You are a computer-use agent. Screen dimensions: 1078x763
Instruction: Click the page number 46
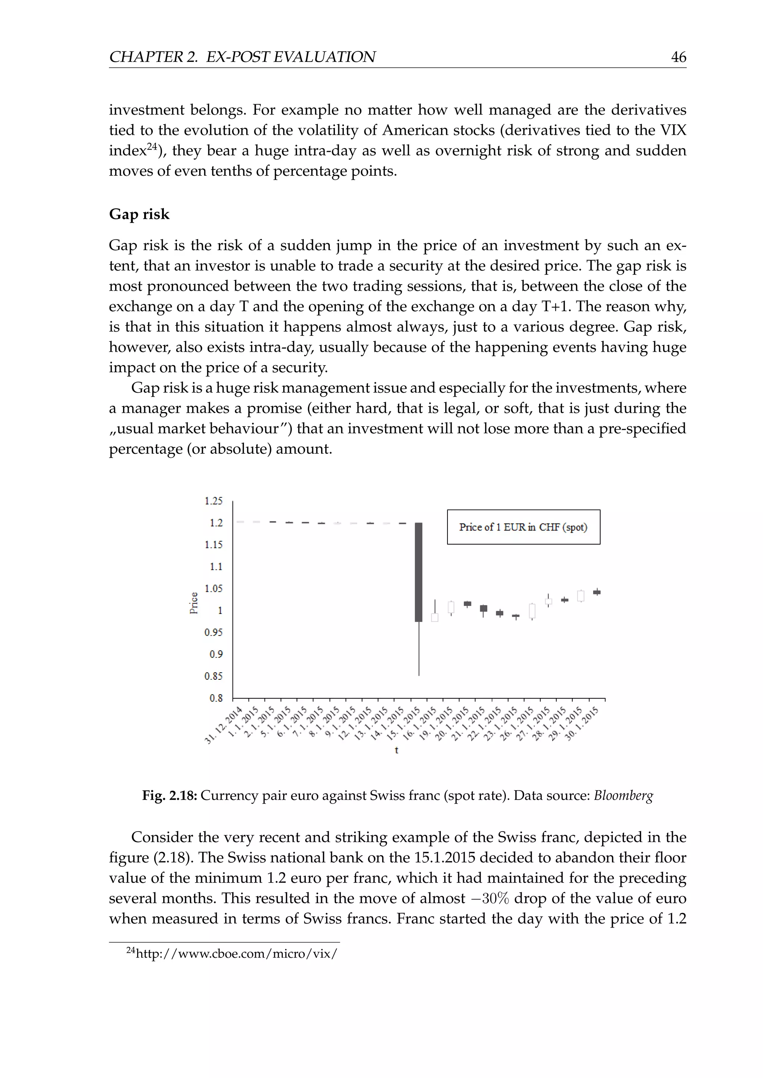coord(678,57)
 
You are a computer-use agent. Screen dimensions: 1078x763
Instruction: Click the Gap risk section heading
coord(139,214)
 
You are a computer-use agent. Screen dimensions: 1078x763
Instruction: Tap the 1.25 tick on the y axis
coord(213,501)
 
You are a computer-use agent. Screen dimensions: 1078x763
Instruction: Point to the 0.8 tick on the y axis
coord(216,698)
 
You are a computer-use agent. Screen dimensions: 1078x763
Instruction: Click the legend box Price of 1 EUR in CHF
coord(523,527)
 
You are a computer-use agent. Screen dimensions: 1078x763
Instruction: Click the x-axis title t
coord(396,750)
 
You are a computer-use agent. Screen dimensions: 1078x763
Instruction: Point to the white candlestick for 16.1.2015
coord(435,617)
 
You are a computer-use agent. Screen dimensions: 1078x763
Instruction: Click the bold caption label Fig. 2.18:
coord(170,796)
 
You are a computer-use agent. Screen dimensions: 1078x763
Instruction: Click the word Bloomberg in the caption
coord(623,796)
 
